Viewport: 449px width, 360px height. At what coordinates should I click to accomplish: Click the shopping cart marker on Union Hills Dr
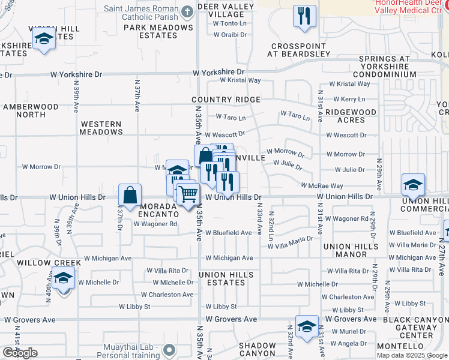pyautogui.click(x=188, y=194)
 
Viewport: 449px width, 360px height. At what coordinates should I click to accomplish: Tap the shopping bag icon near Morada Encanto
pyautogui.click(x=130, y=195)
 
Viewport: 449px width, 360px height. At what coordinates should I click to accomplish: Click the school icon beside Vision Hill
pyautogui.click(x=44, y=40)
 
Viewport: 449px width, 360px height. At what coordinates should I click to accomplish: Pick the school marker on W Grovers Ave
pyautogui.click(x=307, y=327)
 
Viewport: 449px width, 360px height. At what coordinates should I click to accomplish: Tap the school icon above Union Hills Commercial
pyautogui.click(x=413, y=185)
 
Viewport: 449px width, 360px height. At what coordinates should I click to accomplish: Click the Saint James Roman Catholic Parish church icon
pyautogui.click(x=187, y=11)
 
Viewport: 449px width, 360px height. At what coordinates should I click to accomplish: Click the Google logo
pyautogui.click(x=20, y=353)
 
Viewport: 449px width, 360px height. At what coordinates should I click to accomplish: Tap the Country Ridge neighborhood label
pyautogui.click(x=226, y=100)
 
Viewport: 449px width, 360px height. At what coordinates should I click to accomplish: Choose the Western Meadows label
pyautogui.click(x=101, y=127)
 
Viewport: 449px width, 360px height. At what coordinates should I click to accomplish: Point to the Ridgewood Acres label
pyautogui.click(x=351, y=116)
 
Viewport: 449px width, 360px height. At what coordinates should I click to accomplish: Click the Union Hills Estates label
pyautogui.click(x=226, y=278)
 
